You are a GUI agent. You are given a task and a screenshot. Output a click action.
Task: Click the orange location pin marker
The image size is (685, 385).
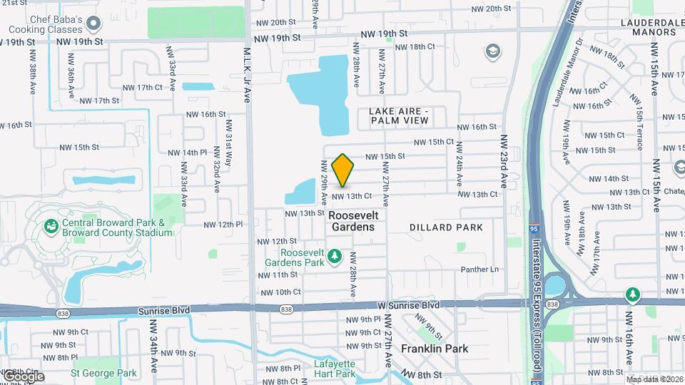point(343,170)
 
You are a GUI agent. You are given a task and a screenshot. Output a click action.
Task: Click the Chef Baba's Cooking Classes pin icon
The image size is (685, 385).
point(92,24)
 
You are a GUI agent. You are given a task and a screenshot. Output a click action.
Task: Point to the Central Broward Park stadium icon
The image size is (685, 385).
point(51,227)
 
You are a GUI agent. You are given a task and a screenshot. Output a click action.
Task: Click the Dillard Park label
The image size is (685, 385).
point(446,227)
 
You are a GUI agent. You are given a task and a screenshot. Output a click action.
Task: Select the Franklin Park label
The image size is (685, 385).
point(435,349)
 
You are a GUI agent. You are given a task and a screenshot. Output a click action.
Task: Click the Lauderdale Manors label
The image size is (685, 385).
point(641,26)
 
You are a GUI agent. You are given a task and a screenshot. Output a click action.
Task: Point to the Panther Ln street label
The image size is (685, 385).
point(479,269)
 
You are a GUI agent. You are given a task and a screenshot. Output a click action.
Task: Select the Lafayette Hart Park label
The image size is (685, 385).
point(334,368)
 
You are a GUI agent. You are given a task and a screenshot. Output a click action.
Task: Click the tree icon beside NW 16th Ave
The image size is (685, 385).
point(632,294)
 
